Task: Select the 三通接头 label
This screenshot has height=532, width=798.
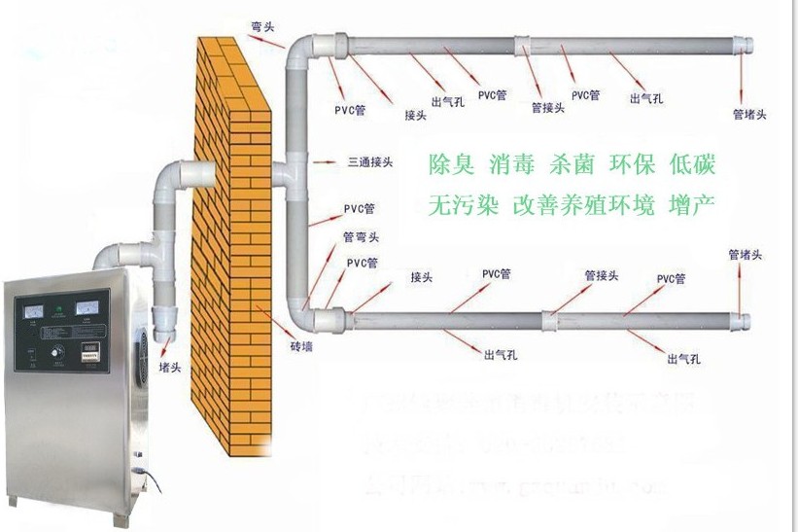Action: [x=369, y=161]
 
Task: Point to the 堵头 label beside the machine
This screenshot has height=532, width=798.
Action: [x=169, y=369]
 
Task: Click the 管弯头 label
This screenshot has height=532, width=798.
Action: [x=361, y=236]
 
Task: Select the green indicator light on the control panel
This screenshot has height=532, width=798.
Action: [x=61, y=311]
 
